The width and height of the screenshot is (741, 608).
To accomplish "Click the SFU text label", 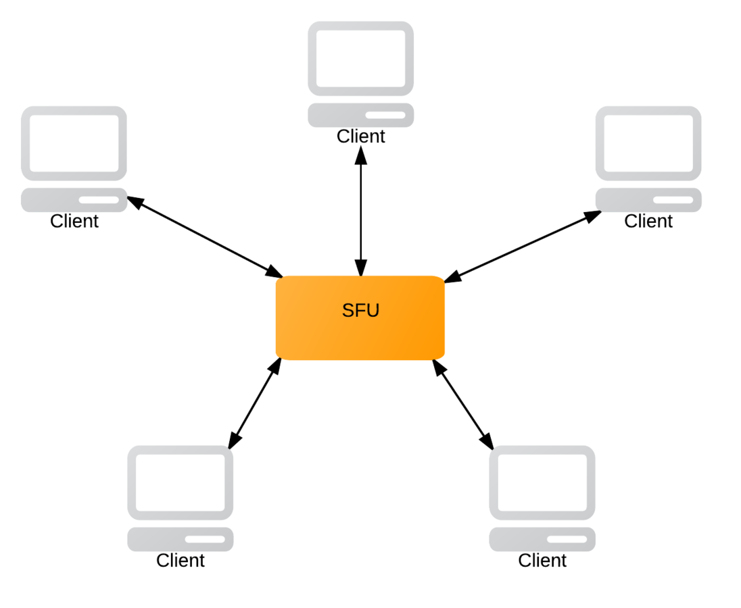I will (x=360, y=311).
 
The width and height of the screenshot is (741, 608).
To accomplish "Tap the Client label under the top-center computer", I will (x=360, y=136).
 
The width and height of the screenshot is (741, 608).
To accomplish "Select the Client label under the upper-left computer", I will (x=74, y=221).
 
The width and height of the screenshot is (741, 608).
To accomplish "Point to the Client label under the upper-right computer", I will (x=648, y=221).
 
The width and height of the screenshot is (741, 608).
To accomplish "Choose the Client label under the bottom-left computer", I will (x=181, y=560).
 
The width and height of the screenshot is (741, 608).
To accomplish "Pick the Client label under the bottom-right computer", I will (x=542, y=560).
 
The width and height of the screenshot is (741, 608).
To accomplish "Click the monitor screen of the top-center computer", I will (x=360, y=58).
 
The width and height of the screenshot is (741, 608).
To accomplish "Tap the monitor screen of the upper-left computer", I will (x=74, y=143).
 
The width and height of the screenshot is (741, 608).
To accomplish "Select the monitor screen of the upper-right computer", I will (x=648, y=143).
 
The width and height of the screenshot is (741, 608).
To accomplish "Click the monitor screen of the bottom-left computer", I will (x=181, y=482).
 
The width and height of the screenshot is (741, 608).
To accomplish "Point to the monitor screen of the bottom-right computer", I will (x=542, y=482).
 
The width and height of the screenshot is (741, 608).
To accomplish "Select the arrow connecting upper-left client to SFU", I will (x=205, y=236).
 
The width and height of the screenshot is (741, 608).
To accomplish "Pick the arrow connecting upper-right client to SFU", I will (x=523, y=245).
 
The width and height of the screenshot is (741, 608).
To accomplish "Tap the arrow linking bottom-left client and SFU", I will (x=254, y=403).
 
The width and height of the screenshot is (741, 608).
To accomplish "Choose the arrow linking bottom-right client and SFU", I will (x=463, y=403).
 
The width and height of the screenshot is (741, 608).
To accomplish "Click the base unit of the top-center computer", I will (x=360, y=116).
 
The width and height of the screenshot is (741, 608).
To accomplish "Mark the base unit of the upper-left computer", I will (x=74, y=200).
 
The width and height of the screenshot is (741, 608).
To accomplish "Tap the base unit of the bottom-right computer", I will (x=542, y=539).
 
